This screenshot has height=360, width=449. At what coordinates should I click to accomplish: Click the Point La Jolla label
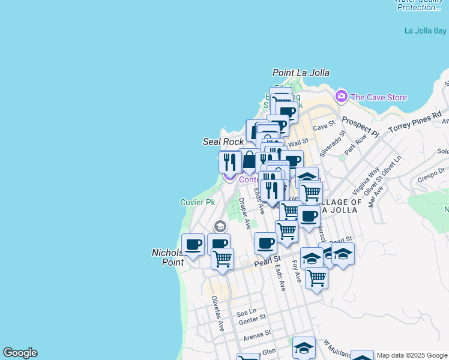tap(301, 73)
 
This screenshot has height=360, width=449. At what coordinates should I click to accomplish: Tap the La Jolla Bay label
tap(425, 31)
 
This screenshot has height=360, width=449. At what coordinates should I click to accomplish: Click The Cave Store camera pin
tap(342, 96)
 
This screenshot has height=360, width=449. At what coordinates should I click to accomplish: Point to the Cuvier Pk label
tap(197, 202)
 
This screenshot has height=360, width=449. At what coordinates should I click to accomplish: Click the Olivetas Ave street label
tap(217, 314)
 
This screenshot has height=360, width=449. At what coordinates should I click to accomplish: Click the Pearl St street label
tap(268, 262)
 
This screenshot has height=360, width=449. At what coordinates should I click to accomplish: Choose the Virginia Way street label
tap(366, 182)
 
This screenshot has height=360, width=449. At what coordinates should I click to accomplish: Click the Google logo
tap(20, 353)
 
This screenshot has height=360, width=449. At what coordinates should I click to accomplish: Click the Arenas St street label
tap(258, 334)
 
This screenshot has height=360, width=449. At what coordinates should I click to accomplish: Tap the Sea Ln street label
tap(246, 313)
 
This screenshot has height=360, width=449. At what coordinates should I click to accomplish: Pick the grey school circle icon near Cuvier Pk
tap(220, 226)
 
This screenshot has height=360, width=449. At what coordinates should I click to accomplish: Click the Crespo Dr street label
tap(430, 177)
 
